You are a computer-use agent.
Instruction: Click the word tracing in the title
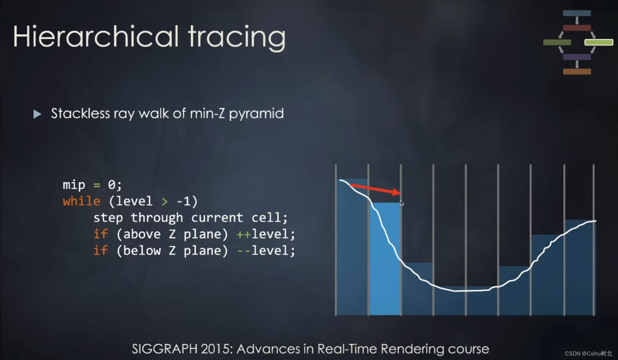point(237,38)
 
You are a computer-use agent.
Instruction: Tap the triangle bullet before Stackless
point(37,114)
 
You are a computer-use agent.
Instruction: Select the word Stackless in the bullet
point(80,113)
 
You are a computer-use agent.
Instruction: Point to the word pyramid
point(256,114)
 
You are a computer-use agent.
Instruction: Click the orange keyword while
point(82,201)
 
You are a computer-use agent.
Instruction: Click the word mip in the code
point(74,185)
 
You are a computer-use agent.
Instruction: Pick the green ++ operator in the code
point(244,235)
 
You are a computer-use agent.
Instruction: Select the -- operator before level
point(244,251)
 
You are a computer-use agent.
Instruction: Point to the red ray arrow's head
point(400,192)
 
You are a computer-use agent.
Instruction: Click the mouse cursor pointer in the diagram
point(402,203)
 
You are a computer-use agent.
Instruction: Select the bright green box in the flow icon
point(599,42)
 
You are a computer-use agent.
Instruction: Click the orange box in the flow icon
point(577,72)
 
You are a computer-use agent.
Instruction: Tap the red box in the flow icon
point(577,28)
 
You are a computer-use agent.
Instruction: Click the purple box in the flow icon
point(577,57)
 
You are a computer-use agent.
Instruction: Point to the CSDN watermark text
point(588,353)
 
